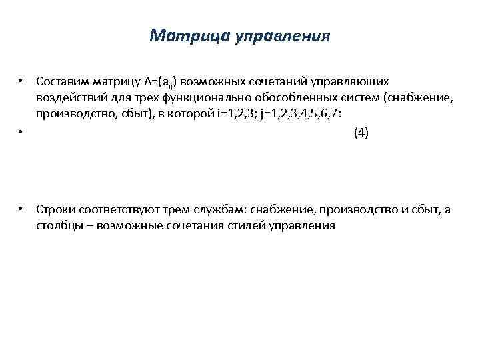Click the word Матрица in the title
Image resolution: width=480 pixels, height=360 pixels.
pos(189,35)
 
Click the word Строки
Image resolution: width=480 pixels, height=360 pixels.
pos(55,209)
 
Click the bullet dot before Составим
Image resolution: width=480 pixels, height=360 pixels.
pos(22,81)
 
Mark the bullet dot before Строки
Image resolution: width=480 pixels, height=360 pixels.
pos(22,209)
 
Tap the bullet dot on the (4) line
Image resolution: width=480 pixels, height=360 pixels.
pos(22,132)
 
